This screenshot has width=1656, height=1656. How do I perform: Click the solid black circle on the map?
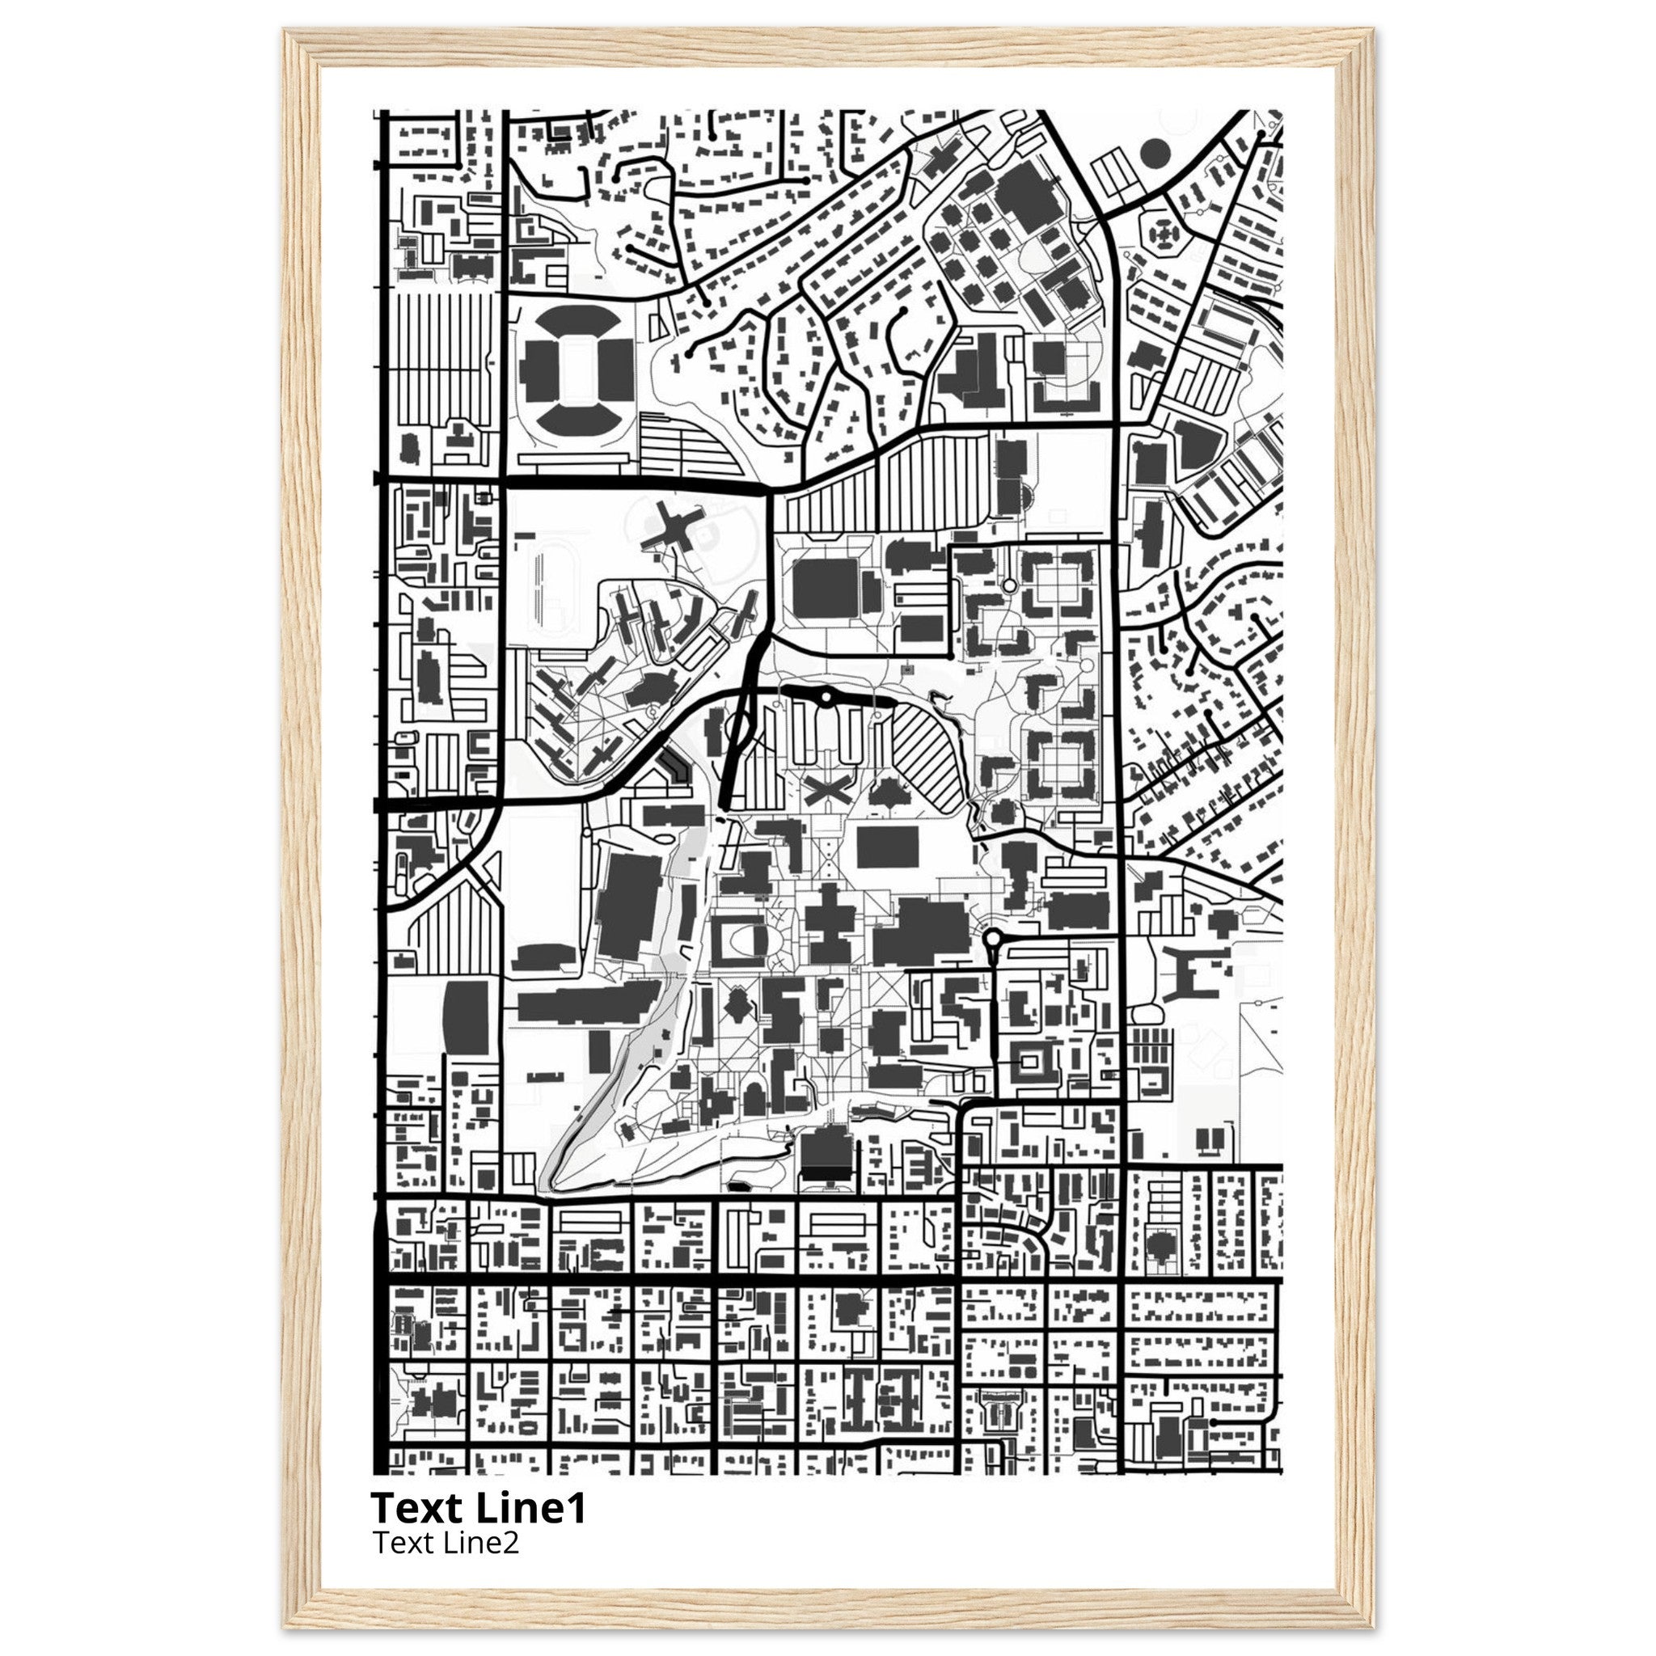pos(1155,154)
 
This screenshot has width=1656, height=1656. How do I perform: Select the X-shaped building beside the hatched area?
pos(827,789)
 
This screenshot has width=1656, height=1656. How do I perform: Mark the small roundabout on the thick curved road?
pos(826,699)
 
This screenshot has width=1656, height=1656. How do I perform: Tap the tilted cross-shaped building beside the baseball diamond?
pos(671,529)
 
